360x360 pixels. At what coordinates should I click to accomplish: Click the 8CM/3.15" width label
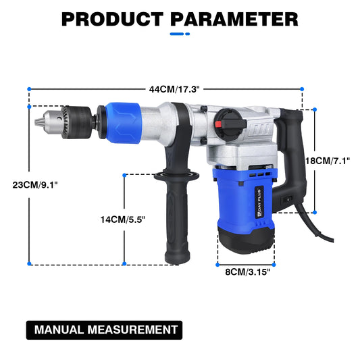(x=248, y=272)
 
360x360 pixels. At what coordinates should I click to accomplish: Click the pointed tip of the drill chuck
(x=38, y=122)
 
